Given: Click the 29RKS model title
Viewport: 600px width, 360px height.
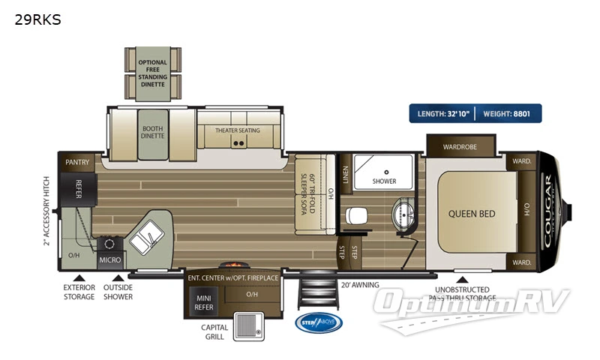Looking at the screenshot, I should tap(37, 20).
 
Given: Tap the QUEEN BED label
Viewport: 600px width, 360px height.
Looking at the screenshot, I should tap(472, 214).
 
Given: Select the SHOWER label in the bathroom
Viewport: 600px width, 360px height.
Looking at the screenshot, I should tap(384, 181).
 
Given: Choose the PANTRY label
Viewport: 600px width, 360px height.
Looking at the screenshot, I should tap(77, 161).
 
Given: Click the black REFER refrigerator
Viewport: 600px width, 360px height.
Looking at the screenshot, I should tap(78, 191).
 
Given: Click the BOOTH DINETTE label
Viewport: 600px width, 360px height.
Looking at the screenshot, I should tap(152, 133).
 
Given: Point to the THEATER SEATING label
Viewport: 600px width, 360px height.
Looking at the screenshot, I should tap(238, 130).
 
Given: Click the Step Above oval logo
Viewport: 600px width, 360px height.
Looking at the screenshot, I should tap(318, 322).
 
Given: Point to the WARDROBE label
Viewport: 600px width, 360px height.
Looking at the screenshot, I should tap(460, 146).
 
